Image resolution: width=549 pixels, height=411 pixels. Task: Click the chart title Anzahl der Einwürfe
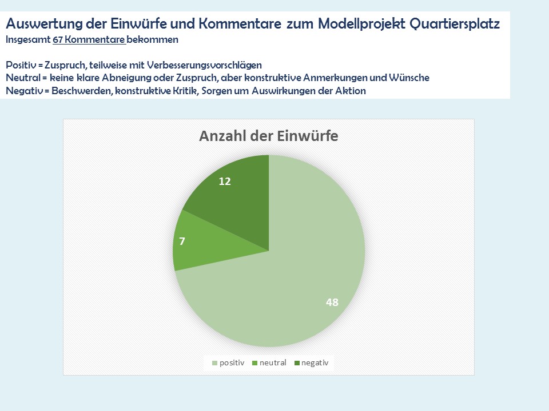tap(268, 136)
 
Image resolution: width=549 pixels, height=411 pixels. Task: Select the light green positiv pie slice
tap(297, 274)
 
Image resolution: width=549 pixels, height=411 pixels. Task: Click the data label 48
tap(332, 303)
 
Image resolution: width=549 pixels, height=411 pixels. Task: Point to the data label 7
tap(182, 241)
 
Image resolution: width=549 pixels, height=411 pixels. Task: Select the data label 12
tap(225, 181)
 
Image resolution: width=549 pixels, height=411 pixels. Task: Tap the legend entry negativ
tap(315, 362)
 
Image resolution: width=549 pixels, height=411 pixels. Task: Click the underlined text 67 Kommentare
tap(89, 40)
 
